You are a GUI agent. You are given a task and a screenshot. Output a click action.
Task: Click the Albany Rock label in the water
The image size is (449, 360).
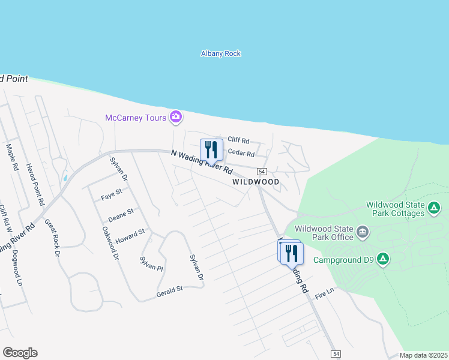click(x=220, y=53)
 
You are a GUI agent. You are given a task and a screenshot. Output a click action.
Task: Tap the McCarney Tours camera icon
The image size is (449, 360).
click(x=176, y=117)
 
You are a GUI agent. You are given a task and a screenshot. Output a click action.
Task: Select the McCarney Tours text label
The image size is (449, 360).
click(x=135, y=118)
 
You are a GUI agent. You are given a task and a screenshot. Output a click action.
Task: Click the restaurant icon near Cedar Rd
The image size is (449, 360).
click(x=211, y=149)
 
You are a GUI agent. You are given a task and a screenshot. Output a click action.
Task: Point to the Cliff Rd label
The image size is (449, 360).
click(x=238, y=139)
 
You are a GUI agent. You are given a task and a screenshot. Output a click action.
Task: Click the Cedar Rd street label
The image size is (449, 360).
click(x=241, y=153)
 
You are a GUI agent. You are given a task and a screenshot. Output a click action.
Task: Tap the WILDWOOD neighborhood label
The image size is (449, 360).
click(x=256, y=181)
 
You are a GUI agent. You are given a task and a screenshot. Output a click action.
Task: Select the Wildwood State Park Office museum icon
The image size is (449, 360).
click(x=363, y=232)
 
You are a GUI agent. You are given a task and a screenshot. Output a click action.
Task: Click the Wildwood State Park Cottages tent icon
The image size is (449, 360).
click(x=435, y=208)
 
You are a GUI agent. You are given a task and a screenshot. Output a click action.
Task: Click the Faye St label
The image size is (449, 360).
click(x=111, y=196)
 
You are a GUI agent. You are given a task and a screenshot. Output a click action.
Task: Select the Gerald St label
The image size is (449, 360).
click(x=169, y=290)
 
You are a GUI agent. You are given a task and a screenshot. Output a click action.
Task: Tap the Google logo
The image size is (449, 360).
click(x=20, y=353)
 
